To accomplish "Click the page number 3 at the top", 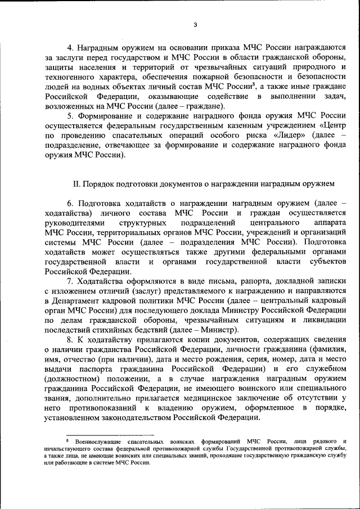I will click(195, 25).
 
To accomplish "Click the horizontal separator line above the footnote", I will click(110, 434).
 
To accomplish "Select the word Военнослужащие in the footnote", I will click(96, 442).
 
